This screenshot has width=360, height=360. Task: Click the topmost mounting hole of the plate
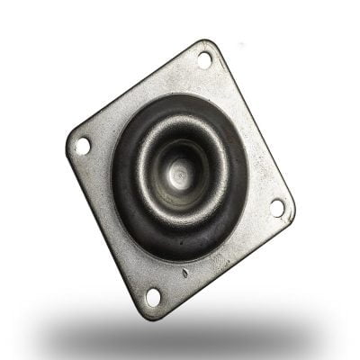pos(204,59)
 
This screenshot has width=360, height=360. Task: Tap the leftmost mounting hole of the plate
pos(83,144)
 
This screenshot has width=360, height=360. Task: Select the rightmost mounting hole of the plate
pos(277,207)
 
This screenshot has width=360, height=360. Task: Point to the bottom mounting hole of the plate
pos(153,296)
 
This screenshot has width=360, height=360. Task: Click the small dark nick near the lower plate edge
pos(184,273)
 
